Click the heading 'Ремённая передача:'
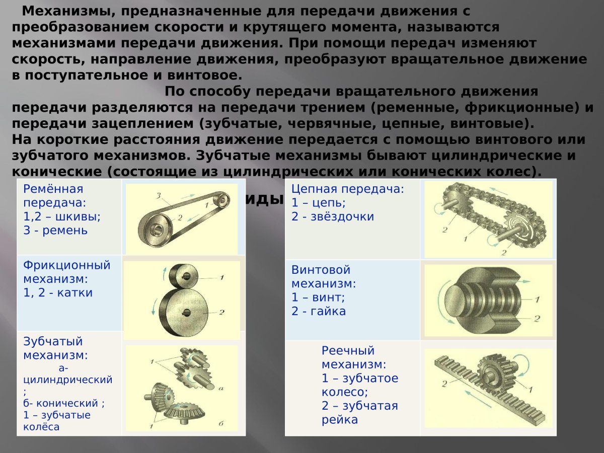click(x=53, y=196)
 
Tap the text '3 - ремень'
click(x=55, y=231)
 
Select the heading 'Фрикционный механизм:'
click(x=66, y=272)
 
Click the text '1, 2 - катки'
click(x=58, y=293)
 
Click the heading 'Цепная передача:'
click(x=347, y=189)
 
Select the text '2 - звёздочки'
click(x=333, y=217)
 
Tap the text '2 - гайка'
click(x=319, y=311)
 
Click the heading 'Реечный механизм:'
click(x=348, y=357)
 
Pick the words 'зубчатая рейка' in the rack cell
click(x=360, y=413)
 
